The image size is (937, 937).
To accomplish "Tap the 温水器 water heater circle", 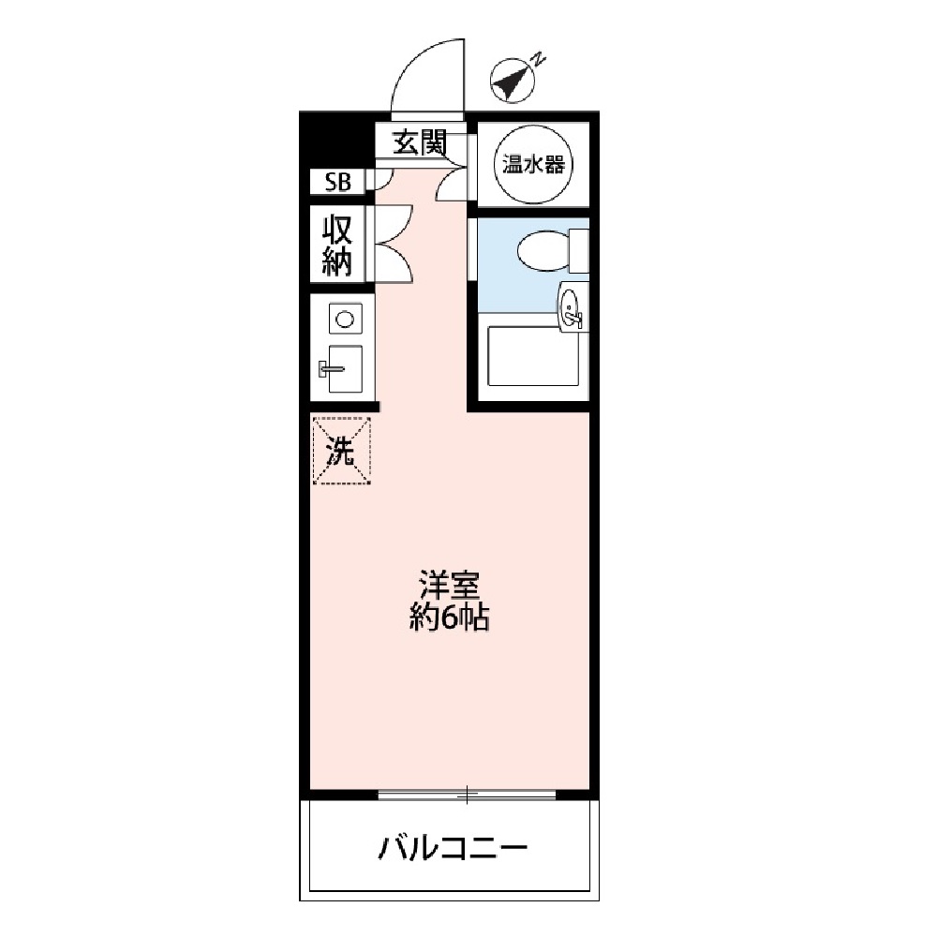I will (x=533, y=165).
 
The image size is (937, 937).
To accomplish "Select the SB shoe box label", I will (x=337, y=183).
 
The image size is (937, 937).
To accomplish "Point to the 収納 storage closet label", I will (x=337, y=246).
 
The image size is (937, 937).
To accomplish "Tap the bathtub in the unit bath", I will (x=532, y=356).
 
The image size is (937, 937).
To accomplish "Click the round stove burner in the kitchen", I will (x=344, y=320).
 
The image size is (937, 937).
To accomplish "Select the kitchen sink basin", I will (x=346, y=368).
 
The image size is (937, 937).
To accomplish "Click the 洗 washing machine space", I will (x=341, y=452).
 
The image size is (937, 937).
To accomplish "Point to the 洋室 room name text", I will (x=449, y=586).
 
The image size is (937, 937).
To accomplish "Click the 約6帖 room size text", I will (x=449, y=618).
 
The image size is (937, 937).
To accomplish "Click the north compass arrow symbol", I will (x=512, y=82).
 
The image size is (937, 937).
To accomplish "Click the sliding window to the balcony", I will (x=467, y=796).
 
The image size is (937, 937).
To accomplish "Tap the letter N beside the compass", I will (x=539, y=59).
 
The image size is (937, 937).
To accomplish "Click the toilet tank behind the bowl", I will (x=578, y=251).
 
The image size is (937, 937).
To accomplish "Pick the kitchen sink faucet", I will (x=329, y=368).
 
